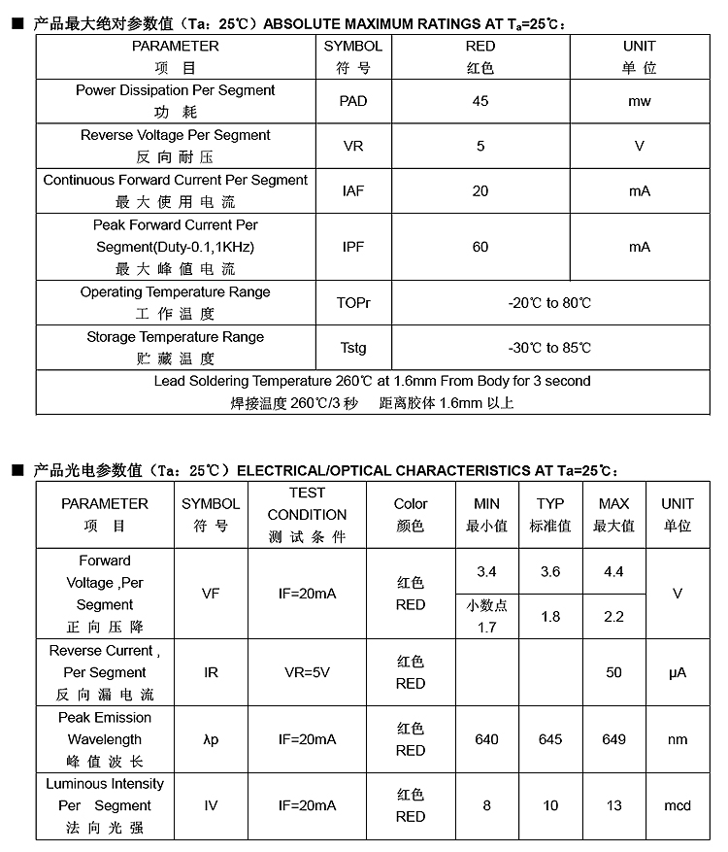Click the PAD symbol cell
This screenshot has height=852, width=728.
coord(353,101)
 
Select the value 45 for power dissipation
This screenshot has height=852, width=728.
coord(480,101)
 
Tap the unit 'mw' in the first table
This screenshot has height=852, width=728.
coord(639,101)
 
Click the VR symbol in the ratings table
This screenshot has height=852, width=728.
coord(353,146)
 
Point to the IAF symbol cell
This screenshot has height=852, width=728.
coord(353,190)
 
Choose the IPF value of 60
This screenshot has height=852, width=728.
coord(480,247)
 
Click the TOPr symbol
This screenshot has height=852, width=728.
coord(353,303)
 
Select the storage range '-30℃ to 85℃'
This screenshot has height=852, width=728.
coord(549,348)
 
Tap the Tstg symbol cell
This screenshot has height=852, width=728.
coord(353,348)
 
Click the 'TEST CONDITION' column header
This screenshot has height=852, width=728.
coord(307,514)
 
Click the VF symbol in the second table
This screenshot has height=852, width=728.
coord(211,593)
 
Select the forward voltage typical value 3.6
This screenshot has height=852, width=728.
coord(550,571)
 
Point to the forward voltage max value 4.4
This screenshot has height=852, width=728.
coord(613,571)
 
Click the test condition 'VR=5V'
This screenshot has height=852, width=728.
coord(307,672)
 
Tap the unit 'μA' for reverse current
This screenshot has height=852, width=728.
coord(678,672)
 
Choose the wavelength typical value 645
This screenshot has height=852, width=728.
coord(550,739)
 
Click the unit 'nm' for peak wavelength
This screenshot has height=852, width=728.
coord(678,739)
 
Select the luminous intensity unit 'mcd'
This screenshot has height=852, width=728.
coord(678,805)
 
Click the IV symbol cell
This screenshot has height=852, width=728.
coord(211,805)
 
